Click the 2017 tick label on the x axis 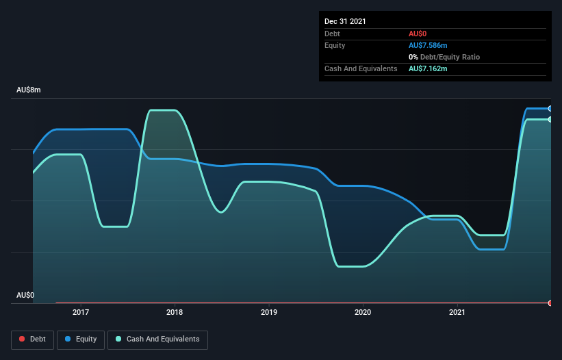(x=81, y=313)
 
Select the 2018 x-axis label (x=175, y=313)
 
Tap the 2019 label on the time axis (x=269, y=313)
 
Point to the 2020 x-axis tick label (x=363, y=313)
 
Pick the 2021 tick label (x=457, y=313)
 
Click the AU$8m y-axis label (x=29, y=90)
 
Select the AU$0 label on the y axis (x=25, y=295)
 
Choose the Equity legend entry (x=81, y=339)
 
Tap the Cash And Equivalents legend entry (x=157, y=339)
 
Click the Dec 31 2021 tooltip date (x=345, y=21)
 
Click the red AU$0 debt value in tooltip (x=417, y=34)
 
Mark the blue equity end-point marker (x=550, y=109)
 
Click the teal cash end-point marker (x=550, y=120)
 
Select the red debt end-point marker (x=550, y=303)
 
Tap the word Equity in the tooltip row (x=335, y=45)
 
